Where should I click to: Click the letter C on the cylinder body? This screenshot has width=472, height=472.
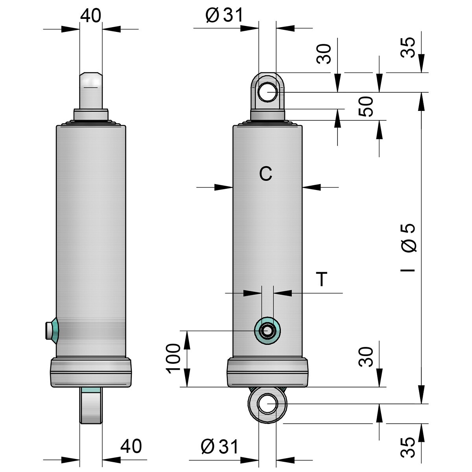tap(266, 174)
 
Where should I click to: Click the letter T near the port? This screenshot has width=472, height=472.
tap(322, 279)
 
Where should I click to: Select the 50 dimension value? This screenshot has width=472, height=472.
tap(365, 106)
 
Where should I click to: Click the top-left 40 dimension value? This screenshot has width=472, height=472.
tap(90, 15)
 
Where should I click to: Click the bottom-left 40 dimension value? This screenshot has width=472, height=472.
tap(131, 446)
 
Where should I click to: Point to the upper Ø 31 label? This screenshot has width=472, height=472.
tap(224, 15)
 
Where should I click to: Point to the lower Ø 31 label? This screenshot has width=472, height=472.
tap(219, 446)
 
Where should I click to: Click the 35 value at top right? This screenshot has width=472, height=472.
tap(407, 47)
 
